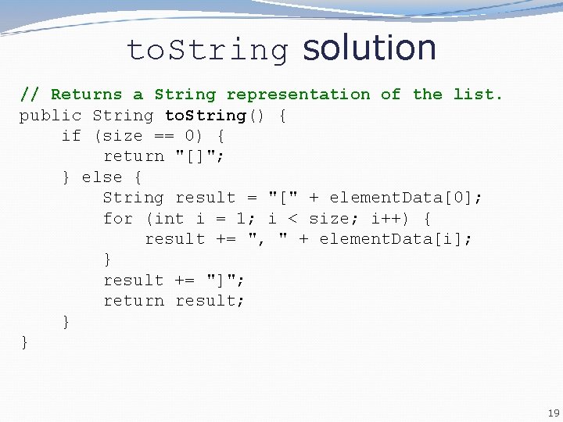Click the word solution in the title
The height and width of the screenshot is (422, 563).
(x=369, y=48)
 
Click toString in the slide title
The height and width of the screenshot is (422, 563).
(x=207, y=51)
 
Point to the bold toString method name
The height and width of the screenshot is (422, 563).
(x=206, y=116)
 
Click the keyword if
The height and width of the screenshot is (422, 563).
(x=71, y=136)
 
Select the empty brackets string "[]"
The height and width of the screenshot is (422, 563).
(x=200, y=156)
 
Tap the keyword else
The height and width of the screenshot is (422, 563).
(x=102, y=177)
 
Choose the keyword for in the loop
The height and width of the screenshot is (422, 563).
(x=118, y=219)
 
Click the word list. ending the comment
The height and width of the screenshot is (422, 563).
(x=479, y=95)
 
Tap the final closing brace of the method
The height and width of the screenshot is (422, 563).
(x=24, y=342)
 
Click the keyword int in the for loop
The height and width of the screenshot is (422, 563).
(x=169, y=219)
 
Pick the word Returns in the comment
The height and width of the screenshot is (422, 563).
(x=87, y=95)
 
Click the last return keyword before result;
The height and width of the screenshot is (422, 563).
(x=134, y=301)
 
